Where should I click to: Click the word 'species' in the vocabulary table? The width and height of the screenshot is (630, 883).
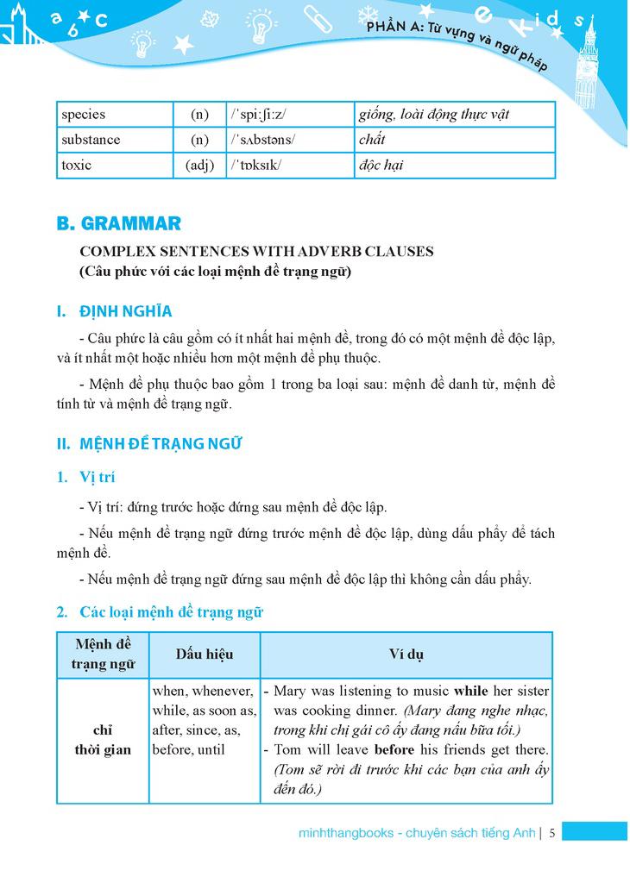[x=83, y=115]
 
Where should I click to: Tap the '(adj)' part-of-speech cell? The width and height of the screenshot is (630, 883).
[x=199, y=165]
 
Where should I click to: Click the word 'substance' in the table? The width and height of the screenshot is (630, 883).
[x=91, y=140]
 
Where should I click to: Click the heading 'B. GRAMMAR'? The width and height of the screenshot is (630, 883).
[x=118, y=224]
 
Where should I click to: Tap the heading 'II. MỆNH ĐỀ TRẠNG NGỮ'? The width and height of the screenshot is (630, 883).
[x=149, y=444]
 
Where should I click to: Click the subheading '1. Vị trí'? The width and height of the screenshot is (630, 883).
[x=85, y=477]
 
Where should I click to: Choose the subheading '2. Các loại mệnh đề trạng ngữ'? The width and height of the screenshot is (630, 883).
[x=160, y=612]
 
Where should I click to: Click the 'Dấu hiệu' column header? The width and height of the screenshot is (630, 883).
[x=205, y=654]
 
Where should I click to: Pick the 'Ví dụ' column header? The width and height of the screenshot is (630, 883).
[x=406, y=654]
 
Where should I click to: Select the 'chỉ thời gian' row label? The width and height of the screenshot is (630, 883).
[x=103, y=740]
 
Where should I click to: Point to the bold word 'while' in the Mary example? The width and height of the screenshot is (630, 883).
[x=470, y=692]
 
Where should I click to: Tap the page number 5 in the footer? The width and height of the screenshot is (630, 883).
[x=551, y=833]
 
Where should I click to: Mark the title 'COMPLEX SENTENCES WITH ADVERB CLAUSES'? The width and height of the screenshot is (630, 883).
[x=256, y=252]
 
